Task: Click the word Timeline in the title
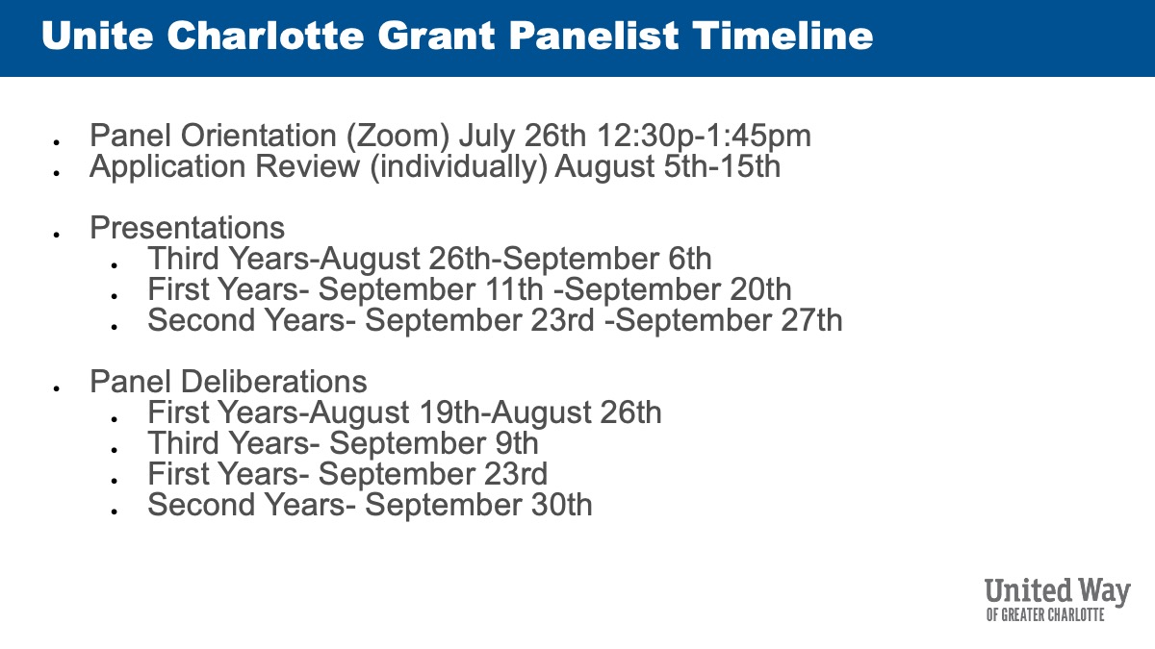[x=783, y=36]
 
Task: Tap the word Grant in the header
[x=436, y=36]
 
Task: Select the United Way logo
[x=1057, y=599]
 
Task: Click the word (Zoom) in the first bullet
[x=398, y=137]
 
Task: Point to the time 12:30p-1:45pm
[x=704, y=137]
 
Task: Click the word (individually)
[x=458, y=167]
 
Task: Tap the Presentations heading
[x=187, y=227]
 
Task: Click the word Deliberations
[x=273, y=382]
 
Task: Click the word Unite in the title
[x=97, y=36]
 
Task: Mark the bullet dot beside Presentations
[x=57, y=235]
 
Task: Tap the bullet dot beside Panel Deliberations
[x=57, y=388]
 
